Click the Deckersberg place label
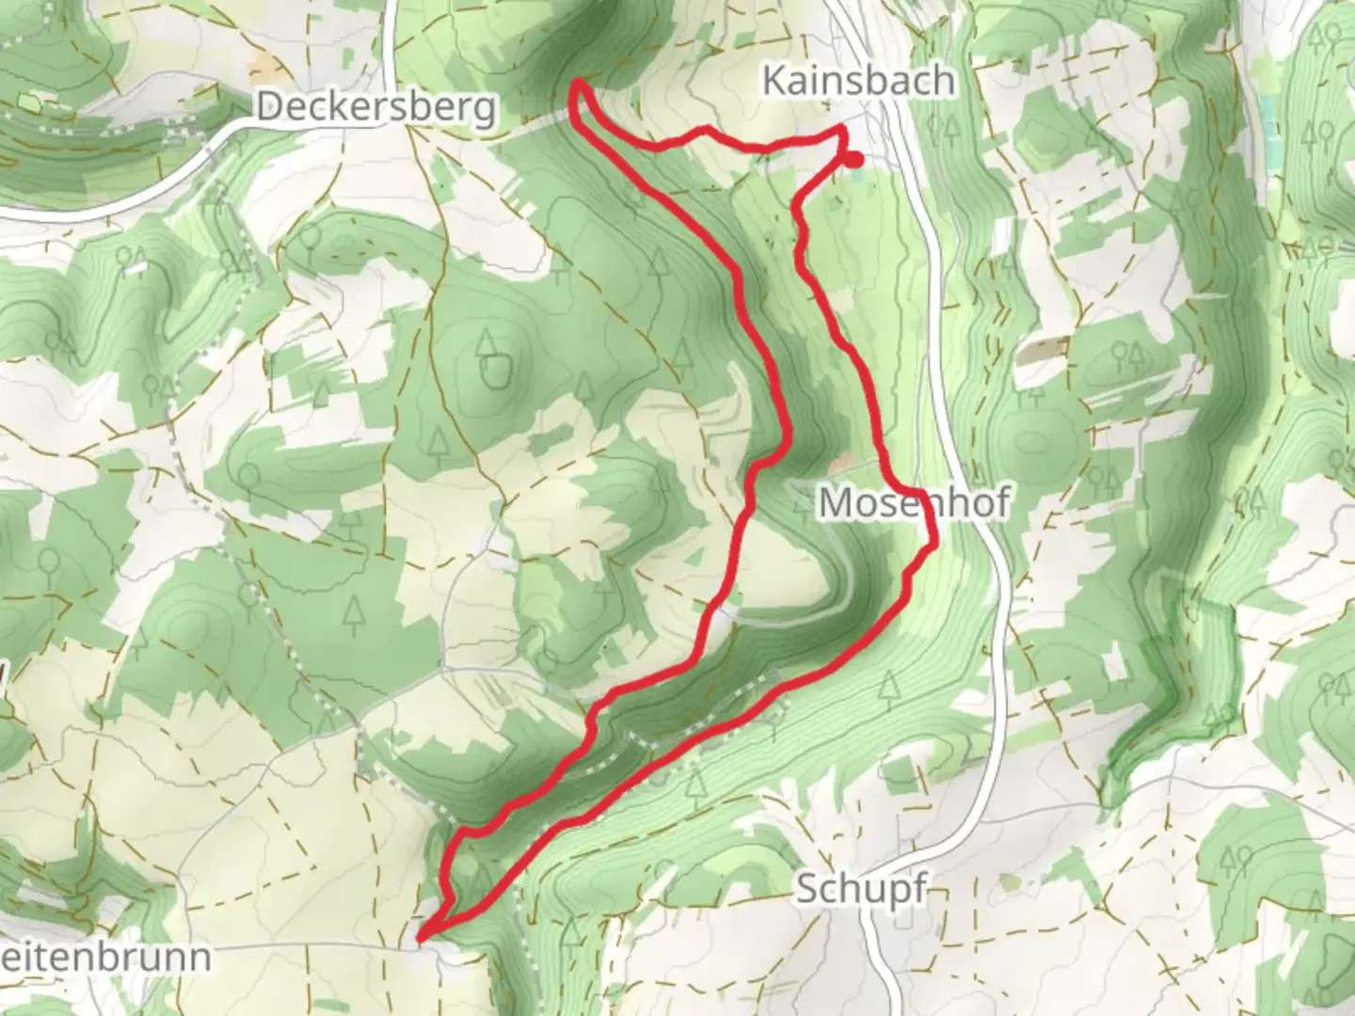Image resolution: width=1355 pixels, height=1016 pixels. point(375,107)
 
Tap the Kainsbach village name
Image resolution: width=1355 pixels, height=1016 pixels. point(857,81)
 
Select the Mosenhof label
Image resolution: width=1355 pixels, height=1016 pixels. point(914,503)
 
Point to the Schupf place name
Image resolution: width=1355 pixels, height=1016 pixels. point(861,888)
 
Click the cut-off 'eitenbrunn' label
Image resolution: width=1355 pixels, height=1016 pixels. point(104,958)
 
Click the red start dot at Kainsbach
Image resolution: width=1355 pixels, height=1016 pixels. point(853,160)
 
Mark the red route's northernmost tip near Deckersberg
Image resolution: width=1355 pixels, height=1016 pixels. point(578,84)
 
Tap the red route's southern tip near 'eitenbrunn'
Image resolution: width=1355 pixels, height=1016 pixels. point(421,936)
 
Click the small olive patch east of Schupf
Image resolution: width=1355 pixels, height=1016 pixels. point(1010,882)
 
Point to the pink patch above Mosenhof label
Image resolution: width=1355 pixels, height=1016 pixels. point(840,464)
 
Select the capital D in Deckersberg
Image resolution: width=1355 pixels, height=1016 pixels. point(269,107)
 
